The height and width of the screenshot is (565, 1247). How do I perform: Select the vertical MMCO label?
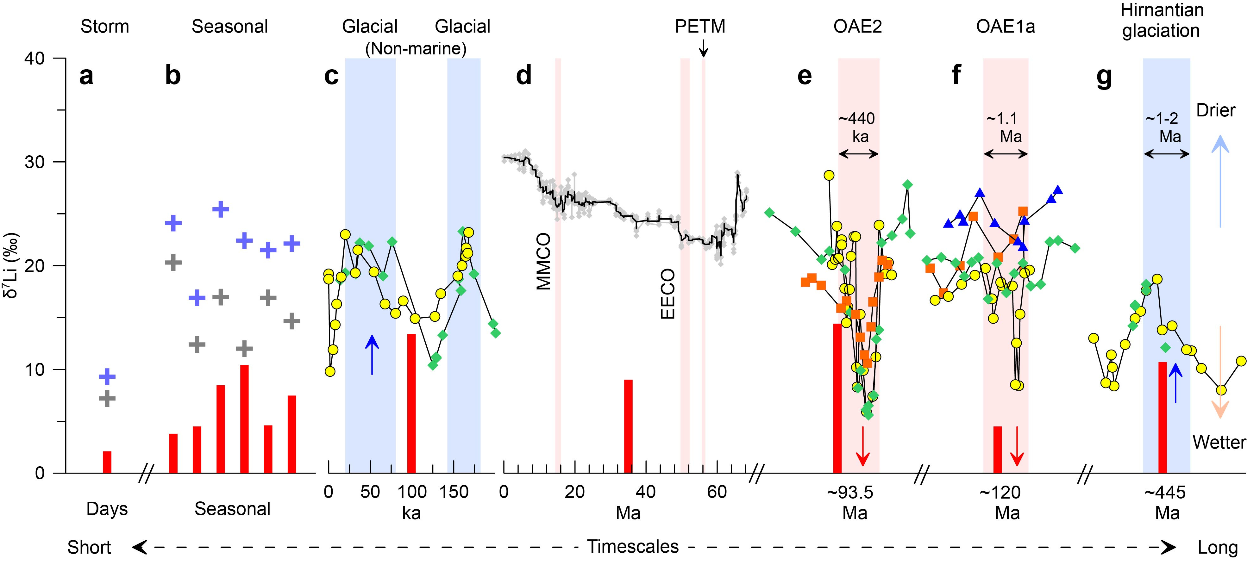click(x=544, y=261)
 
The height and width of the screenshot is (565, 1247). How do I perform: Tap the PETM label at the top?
click(x=700, y=26)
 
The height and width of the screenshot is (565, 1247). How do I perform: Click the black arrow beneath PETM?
click(x=703, y=48)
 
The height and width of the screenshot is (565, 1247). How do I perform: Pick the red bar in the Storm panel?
click(x=107, y=462)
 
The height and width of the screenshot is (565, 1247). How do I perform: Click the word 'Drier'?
click(x=1216, y=110)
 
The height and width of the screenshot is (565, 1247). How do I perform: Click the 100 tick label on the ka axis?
click(x=412, y=492)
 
